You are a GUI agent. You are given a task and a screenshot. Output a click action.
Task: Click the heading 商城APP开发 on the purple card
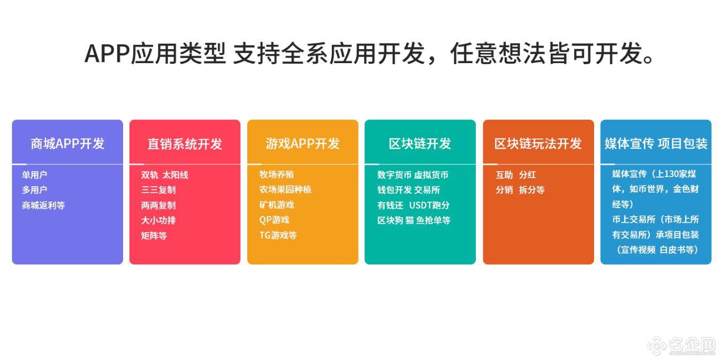[67, 143]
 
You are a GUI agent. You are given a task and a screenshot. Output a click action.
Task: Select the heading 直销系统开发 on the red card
[185, 144]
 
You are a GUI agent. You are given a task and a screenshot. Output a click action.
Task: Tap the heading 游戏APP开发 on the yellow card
[302, 143]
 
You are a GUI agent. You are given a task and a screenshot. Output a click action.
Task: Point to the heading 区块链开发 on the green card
[420, 143]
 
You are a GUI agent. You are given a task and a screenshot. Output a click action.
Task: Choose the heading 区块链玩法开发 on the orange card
[538, 143]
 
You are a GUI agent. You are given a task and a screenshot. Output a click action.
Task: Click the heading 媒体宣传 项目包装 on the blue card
[656, 143]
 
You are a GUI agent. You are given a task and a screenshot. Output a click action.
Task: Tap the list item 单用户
[34, 175]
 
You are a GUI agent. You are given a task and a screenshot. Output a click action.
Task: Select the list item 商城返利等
[43, 205]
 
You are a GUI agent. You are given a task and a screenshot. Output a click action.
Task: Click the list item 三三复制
[158, 190]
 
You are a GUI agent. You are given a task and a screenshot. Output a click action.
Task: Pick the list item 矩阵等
[154, 236]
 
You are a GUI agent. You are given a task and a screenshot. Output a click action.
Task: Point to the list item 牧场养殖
[277, 174]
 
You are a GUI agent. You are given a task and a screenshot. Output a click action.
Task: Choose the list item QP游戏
[274, 220]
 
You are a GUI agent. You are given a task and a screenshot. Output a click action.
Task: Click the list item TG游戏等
[278, 235]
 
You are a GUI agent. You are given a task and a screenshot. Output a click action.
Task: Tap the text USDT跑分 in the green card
[429, 205]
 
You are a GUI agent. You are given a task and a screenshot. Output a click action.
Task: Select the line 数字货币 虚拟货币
[413, 175]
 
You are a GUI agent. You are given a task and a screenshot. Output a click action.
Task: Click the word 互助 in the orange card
[504, 175]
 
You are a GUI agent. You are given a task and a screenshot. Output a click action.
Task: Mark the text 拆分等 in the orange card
[532, 190]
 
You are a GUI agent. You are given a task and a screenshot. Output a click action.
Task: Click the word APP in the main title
[107, 53]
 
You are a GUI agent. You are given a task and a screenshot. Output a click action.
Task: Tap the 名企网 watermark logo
[685, 346]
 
